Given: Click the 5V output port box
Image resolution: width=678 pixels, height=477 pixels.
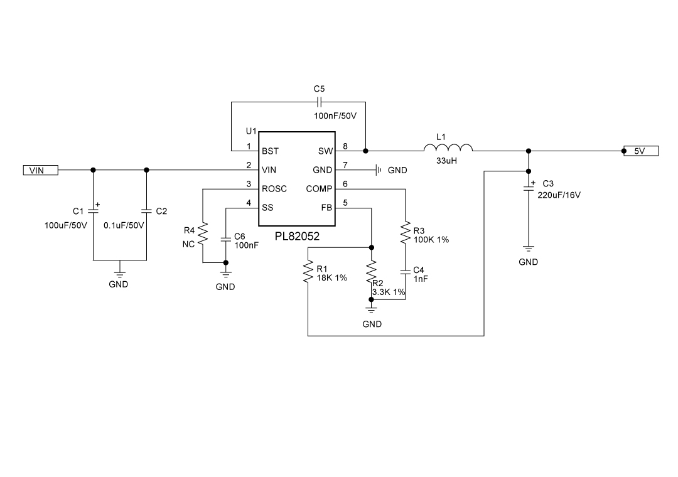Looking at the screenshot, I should click(641, 151).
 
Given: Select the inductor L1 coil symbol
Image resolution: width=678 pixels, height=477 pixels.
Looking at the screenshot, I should click(448, 149).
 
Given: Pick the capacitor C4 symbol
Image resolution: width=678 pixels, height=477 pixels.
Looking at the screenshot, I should click(406, 272).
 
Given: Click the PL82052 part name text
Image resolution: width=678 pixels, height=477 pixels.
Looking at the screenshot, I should click(298, 237).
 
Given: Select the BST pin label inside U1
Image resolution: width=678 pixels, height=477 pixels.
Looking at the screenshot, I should click(270, 151).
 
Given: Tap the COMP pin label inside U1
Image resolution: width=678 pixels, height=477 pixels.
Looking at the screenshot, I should click(319, 189).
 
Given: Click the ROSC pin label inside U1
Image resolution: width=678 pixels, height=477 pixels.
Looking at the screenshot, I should click(274, 189).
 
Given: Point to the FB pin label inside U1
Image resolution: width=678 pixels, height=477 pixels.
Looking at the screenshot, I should click(326, 208).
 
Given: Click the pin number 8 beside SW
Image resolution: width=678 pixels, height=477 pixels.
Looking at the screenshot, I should click(345, 147).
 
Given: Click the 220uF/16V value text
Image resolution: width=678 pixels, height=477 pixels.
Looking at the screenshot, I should click(559, 195).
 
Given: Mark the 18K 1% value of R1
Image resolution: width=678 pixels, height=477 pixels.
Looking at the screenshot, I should click(332, 277).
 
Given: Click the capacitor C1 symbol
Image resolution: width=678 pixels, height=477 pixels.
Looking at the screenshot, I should click(94, 211).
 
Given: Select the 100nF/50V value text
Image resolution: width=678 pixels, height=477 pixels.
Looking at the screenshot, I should click(335, 116).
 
